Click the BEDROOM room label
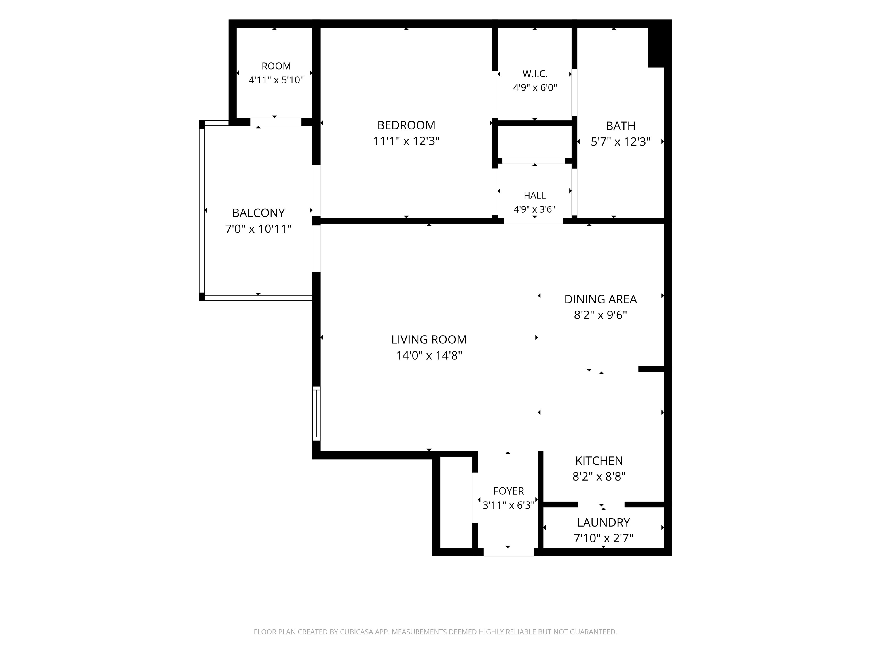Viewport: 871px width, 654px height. click(406, 125)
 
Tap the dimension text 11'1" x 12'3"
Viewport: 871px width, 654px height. click(406, 141)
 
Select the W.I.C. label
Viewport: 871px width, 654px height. click(535, 74)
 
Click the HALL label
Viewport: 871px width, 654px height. click(534, 196)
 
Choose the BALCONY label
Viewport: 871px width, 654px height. click(258, 213)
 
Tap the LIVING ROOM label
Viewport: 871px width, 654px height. click(429, 339)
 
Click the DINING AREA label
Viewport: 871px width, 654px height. click(601, 299)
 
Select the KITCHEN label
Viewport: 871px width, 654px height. click(599, 461)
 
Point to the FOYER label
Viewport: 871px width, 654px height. click(508, 491)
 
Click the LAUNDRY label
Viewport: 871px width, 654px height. click(603, 522)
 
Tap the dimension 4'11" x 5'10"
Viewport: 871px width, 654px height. click(276, 80)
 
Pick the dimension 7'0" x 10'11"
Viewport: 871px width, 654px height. click(258, 229)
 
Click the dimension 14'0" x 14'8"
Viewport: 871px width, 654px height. click(429, 356)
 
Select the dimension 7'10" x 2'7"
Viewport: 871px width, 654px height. click(603, 538)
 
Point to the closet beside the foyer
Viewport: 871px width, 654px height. click(456, 502)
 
